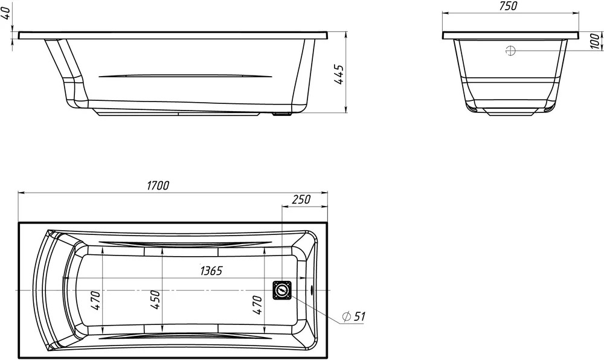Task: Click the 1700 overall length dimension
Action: tap(158, 185)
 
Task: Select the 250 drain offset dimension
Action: tap(301, 199)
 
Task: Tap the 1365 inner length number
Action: tap(211, 271)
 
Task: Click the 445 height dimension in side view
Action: tap(339, 75)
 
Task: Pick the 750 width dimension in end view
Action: tap(508, 6)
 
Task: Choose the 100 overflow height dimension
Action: tap(595, 41)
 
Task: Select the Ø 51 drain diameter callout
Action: tap(353, 317)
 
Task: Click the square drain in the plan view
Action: tap(282, 289)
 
